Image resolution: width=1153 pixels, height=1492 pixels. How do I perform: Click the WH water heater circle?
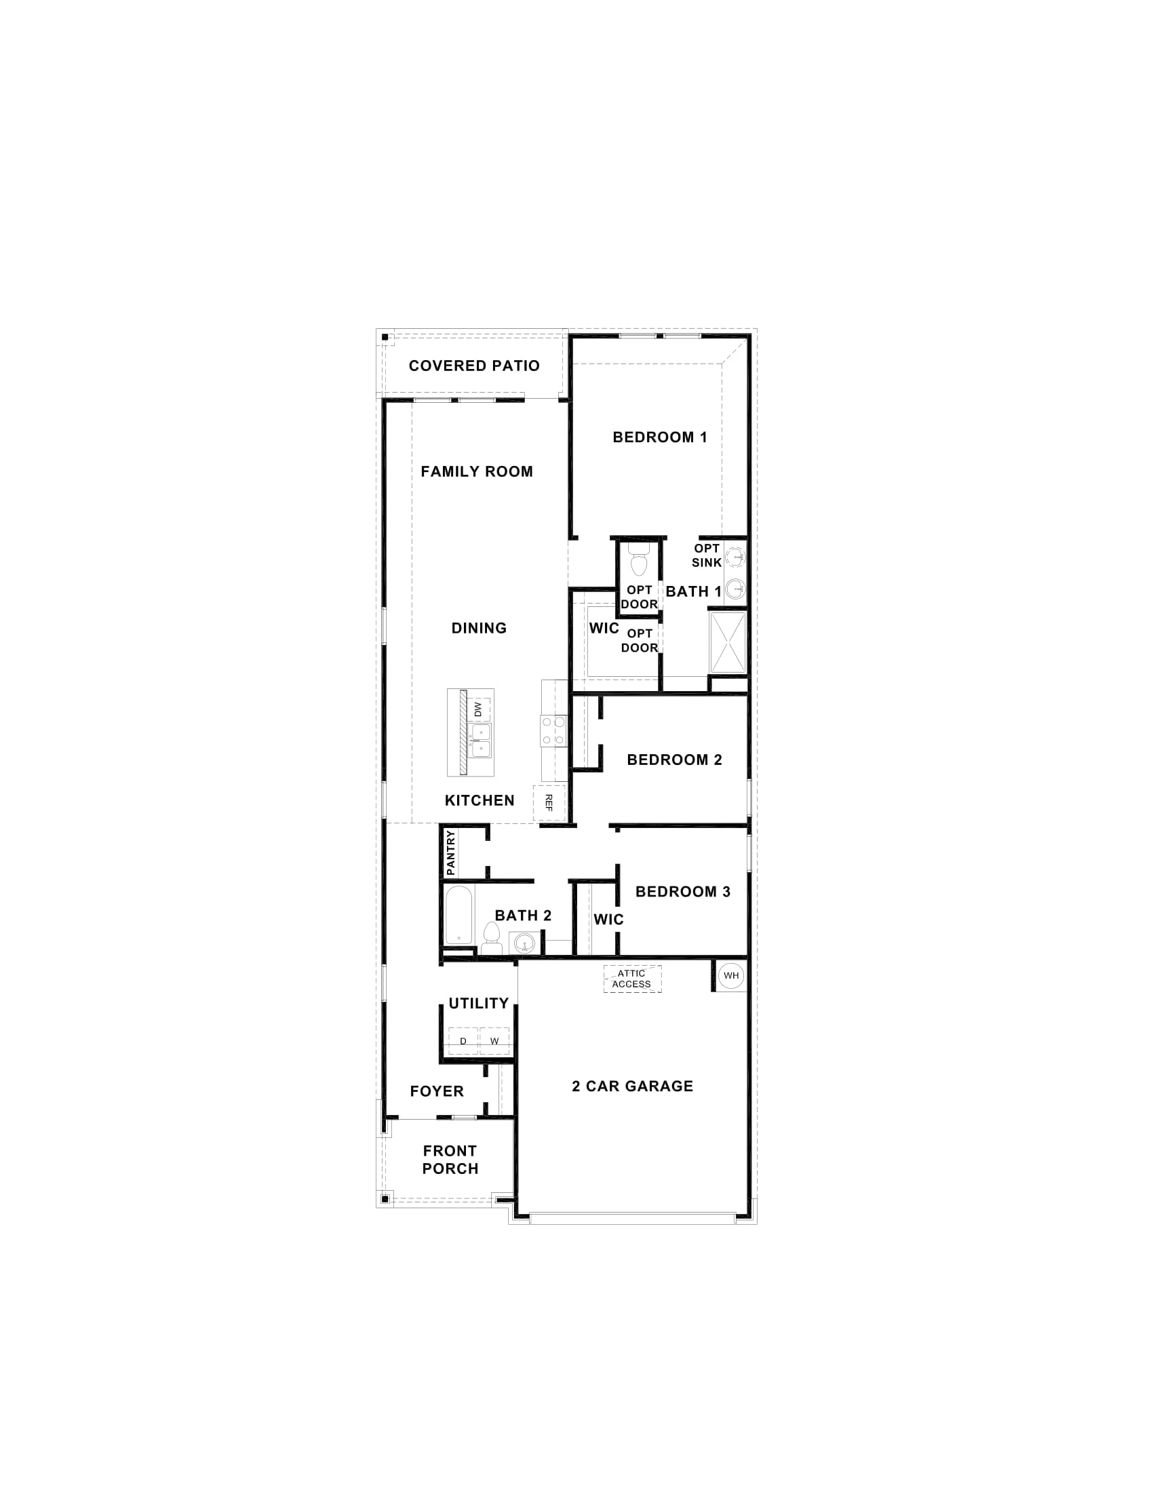click(731, 975)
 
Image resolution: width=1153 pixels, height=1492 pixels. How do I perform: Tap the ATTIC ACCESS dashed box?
click(632, 979)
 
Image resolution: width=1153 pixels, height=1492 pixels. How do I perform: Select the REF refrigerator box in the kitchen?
click(549, 802)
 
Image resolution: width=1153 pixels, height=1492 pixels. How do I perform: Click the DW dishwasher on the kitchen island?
click(478, 710)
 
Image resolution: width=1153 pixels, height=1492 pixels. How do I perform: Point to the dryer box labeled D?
click(463, 1041)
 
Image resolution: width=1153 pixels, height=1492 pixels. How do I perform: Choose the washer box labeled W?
click(494, 1041)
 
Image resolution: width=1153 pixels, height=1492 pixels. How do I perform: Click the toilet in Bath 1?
click(640, 561)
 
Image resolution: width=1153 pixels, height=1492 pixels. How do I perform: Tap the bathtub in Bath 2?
click(458, 916)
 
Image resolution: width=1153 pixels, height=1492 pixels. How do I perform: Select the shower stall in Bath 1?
click(728, 642)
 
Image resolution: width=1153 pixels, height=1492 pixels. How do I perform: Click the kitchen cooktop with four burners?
click(553, 730)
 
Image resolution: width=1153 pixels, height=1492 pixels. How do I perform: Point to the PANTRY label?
click(450, 853)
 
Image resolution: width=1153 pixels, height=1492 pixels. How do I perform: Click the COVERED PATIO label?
click(474, 366)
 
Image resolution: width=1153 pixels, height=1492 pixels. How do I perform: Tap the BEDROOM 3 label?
click(682, 892)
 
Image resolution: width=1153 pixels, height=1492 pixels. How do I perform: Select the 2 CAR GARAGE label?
click(633, 1086)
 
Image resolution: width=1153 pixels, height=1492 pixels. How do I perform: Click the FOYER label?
click(437, 1092)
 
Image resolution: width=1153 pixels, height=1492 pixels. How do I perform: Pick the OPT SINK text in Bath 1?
click(706, 555)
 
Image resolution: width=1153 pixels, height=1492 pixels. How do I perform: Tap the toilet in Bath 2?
click(490, 937)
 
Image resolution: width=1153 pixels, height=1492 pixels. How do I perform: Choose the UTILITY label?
click(478, 1004)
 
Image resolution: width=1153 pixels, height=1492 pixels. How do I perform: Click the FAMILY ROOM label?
click(477, 471)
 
